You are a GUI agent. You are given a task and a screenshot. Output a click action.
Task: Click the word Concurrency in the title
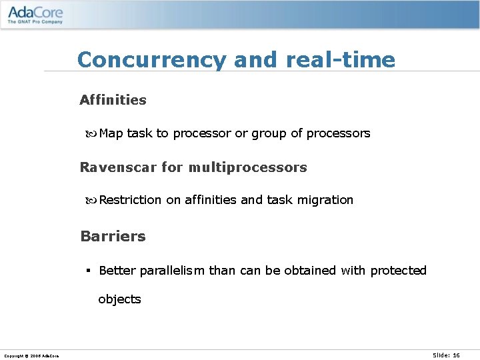(152, 60)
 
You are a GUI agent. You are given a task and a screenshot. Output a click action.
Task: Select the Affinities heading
(113, 100)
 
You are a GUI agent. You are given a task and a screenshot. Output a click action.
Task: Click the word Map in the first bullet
(111, 133)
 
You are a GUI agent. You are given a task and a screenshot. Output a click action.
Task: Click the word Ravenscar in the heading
(118, 167)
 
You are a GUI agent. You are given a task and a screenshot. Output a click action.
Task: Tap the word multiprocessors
(247, 167)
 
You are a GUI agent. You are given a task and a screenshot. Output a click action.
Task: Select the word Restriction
(130, 200)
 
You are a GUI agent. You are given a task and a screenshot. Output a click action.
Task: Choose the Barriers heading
(113, 237)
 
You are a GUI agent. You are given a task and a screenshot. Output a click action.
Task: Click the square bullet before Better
(88, 271)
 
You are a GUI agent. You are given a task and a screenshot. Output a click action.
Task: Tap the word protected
(398, 271)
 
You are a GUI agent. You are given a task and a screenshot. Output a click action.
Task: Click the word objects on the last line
(119, 299)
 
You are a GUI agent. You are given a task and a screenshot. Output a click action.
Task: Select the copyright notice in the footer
(31, 356)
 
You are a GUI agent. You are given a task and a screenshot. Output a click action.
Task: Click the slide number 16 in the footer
(456, 355)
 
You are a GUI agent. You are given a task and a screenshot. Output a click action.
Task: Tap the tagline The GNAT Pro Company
(35, 22)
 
